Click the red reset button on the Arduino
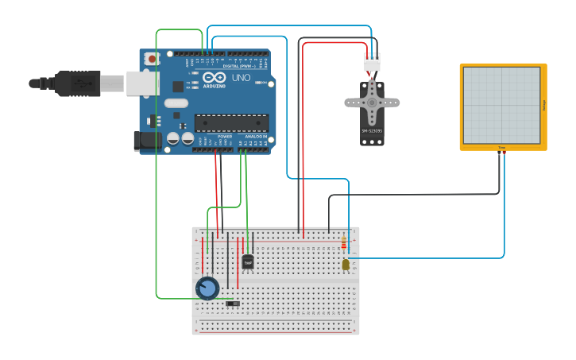point(152,58)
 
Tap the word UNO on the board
point(241,78)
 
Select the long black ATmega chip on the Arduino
point(231,122)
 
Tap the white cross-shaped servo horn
point(372,102)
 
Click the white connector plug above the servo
point(372,61)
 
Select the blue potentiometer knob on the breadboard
point(207,288)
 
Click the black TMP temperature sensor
point(248,261)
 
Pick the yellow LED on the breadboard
point(345,265)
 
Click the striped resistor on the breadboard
point(343,243)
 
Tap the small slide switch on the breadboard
point(233,303)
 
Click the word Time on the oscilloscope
point(502,148)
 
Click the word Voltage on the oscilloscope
point(544,105)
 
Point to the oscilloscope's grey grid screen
point(501,104)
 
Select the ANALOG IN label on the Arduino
point(255,137)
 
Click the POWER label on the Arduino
point(224,137)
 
